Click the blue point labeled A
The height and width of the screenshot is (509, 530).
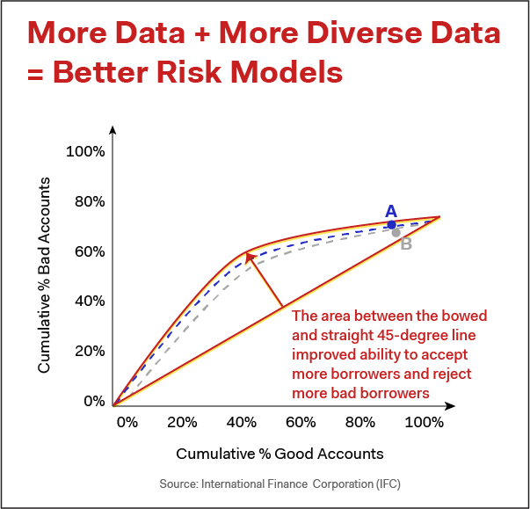[392, 225]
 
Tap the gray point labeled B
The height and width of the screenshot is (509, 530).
[396, 232]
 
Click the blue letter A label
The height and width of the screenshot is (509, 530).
[391, 211]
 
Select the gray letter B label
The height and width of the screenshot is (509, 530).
[406, 244]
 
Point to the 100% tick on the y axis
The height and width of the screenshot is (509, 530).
[85, 152]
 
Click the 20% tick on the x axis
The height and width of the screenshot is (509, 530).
[181, 422]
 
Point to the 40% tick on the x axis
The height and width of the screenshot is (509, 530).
[241, 422]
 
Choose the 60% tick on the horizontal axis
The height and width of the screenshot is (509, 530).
[301, 422]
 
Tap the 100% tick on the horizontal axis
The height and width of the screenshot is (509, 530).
[425, 422]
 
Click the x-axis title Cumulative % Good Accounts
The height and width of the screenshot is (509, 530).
[280, 454]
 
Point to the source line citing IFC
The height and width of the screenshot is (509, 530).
[280, 484]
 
